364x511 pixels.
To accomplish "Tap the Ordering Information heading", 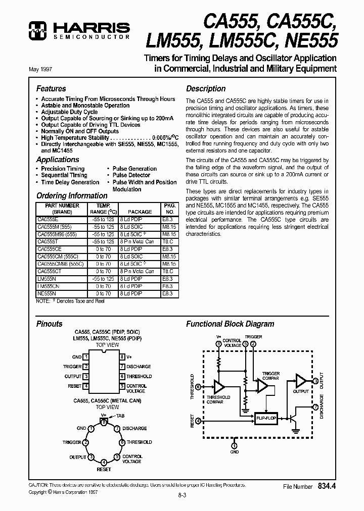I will (72, 195).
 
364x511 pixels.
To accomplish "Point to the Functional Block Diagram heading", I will (230, 324).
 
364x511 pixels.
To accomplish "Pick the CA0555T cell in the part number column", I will (48, 242).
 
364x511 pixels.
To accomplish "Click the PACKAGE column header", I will (140, 212).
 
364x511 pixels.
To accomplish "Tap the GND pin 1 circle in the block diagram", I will (234, 445).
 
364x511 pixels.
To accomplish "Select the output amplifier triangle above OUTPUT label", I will (301, 380).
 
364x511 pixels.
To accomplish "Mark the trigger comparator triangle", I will (263, 386).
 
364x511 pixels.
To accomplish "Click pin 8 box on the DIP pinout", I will (122, 356).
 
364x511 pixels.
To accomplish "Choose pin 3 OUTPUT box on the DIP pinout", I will (86, 376).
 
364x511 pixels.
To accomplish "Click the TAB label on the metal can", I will (120, 416).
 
